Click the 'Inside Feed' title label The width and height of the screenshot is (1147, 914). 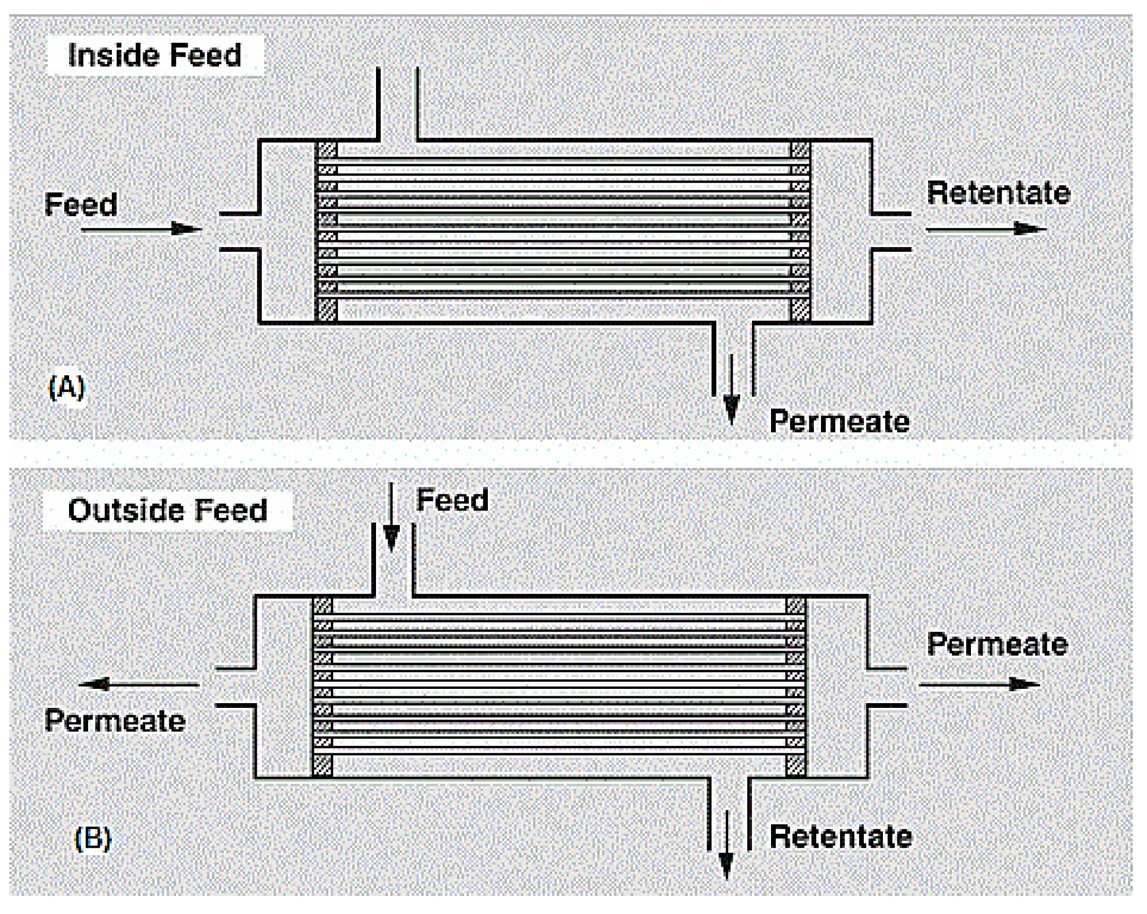click(x=155, y=55)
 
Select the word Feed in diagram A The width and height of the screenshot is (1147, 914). click(x=81, y=205)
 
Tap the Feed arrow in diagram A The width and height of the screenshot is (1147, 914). click(x=142, y=229)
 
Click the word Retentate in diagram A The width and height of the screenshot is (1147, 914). click(x=998, y=193)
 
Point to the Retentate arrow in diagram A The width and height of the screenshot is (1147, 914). click(x=986, y=229)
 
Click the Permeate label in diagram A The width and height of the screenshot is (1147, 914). click(x=840, y=422)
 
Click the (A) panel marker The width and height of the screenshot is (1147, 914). click(x=67, y=387)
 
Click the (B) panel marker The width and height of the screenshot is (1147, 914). click(x=92, y=839)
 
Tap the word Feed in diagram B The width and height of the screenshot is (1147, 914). click(x=452, y=500)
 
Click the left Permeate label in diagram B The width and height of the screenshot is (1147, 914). click(x=115, y=721)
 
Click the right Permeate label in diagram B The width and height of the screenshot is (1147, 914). click(x=997, y=645)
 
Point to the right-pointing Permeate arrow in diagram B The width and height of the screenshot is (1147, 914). click(x=979, y=685)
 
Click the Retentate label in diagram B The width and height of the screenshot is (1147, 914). click(x=841, y=836)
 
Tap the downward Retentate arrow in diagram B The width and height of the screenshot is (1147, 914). click(x=726, y=845)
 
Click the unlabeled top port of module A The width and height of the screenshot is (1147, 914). click(x=398, y=104)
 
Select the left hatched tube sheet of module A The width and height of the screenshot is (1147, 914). click(x=327, y=231)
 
